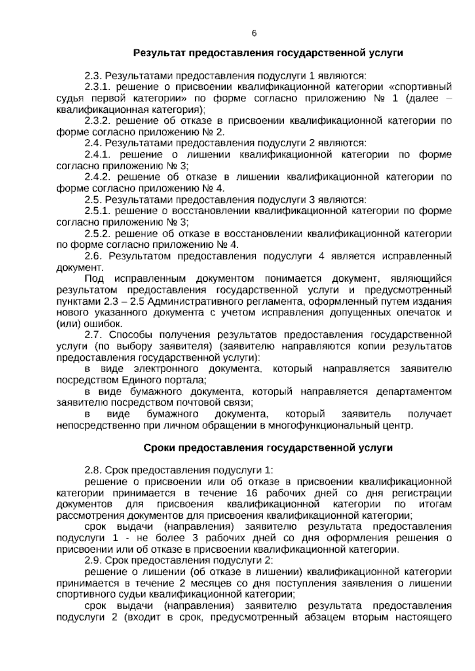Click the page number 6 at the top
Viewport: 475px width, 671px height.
254,34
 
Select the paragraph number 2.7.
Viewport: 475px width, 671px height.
93,335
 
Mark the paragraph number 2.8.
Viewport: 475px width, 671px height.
93,470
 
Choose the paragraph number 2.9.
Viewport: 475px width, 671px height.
93,561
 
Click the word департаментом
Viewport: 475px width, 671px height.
414,392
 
